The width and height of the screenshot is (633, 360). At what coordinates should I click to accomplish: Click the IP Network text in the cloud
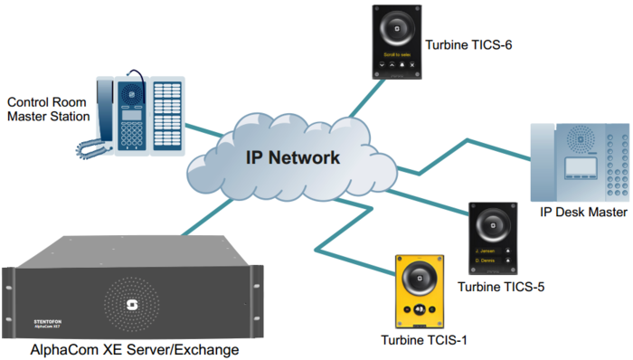(x=293, y=157)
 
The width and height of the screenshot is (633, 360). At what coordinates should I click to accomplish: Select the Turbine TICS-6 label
(x=467, y=42)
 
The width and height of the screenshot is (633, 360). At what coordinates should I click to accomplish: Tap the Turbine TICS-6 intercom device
(x=395, y=43)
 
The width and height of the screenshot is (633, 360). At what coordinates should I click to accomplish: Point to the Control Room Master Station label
(x=48, y=109)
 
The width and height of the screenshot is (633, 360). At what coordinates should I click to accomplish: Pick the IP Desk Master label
(x=583, y=213)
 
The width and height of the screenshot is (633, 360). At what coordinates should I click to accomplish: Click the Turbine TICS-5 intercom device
(x=492, y=238)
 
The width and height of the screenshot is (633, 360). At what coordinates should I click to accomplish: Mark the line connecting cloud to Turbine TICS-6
(x=363, y=99)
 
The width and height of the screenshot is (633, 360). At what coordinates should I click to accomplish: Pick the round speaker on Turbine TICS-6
(x=395, y=32)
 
